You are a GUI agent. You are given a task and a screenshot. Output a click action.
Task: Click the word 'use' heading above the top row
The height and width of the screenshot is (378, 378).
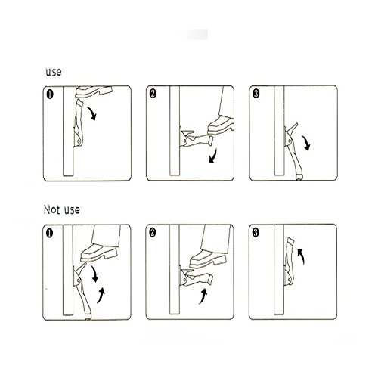pos(54,73)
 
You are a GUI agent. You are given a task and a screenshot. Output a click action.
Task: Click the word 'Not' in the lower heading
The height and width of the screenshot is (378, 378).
pos(51,209)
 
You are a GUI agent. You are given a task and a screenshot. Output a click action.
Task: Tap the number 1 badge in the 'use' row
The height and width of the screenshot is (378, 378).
pos(50,94)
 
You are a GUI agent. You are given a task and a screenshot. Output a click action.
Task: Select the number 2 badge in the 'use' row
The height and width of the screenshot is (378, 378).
pos(153,94)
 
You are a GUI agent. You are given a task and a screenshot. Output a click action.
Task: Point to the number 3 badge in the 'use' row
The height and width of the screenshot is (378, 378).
pos(256,94)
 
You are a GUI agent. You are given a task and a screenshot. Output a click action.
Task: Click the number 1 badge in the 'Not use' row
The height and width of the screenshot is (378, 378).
pos(50,233)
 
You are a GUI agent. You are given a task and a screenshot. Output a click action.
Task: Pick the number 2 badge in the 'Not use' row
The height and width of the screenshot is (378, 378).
pos(153,232)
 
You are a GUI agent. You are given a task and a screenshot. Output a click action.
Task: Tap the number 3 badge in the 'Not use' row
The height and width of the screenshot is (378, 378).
pos(256,232)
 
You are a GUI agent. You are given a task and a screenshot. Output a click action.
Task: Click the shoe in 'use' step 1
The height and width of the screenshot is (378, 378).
pos(94,91)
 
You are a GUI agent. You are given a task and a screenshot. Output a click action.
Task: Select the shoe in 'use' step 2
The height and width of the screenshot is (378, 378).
pos(221,125)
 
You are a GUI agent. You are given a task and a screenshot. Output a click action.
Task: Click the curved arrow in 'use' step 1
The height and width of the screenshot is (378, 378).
pos(92,113)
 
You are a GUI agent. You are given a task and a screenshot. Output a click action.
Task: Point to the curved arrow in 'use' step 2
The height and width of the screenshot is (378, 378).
pos(213,156)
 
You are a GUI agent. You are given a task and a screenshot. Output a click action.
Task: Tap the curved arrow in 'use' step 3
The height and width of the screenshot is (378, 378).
pos(306,143)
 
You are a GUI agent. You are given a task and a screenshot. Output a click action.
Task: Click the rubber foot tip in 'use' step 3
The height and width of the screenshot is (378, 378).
pos(299,178)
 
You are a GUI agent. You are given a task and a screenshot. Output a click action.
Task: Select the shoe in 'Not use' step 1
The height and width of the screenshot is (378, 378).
pos(99,253)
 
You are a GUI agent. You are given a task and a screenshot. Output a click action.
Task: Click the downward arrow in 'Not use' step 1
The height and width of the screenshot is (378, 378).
pos(94,274)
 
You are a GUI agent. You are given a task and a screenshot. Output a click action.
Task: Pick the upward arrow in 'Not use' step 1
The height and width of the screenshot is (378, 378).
pos(101,296)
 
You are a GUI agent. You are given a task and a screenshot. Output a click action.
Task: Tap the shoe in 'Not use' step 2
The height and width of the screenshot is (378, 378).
pos(208,259)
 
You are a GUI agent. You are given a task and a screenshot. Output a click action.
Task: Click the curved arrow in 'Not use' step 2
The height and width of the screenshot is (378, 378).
pos(203,296)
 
